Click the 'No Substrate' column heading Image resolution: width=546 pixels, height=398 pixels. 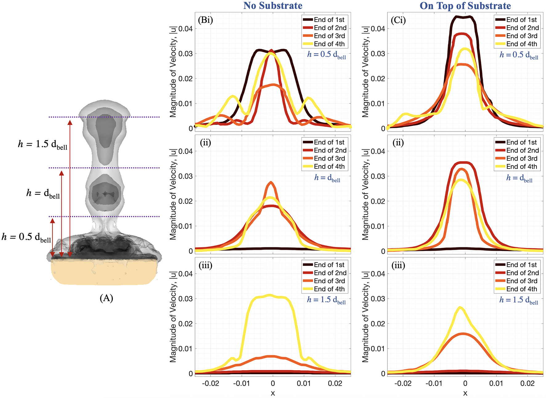click(273, 6)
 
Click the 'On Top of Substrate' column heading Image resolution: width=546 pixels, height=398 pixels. click(465, 6)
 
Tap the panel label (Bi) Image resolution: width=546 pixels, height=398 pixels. click(205, 20)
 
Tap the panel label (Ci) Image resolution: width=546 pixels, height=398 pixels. click(398, 20)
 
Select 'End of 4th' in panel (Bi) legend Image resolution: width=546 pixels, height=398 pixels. click(329, 44)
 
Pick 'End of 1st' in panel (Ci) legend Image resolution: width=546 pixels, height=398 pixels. click(521, 20)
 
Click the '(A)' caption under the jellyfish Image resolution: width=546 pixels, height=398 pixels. click(106, 298)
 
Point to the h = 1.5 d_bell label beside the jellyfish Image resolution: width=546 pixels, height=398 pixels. click(43, 144)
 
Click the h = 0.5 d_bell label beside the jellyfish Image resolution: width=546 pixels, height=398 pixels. click(26, 237)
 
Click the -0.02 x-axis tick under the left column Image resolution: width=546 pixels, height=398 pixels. click(210, 384)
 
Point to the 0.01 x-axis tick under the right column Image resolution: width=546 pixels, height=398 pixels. click(496, 384)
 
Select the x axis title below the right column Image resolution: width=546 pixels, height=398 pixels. click(465, 393)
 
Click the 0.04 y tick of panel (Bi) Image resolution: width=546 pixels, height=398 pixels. click(185, 29)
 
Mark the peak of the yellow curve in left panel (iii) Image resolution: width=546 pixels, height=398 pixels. click(270, 295)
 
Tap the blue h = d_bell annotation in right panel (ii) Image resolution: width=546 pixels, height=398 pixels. click(520, 178)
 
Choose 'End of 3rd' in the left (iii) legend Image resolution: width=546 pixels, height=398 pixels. click(329, 281)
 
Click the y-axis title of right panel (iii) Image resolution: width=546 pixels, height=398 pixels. click(365, 317)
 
